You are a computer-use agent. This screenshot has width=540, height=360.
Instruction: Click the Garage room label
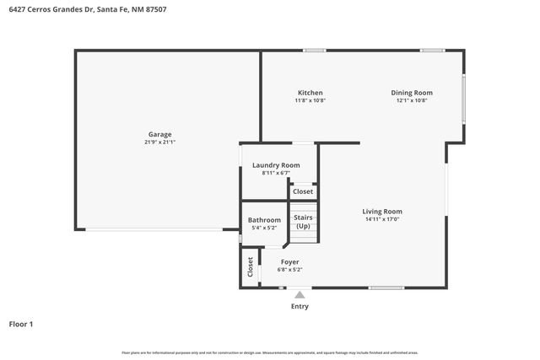(x=160, y=134)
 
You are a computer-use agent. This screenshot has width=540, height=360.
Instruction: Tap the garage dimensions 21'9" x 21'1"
(x=160, y=142)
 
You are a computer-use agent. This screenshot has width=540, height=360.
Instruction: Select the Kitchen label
(x=310, y=93)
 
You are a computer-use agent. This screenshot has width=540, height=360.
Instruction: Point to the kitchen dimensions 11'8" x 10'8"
(x=310, y=100)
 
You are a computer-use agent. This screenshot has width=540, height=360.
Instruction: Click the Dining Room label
(x=412, y=93)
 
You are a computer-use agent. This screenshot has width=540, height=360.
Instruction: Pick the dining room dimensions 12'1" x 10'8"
(x=412, y=100)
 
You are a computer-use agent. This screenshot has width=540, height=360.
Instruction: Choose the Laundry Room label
(x=276, y=165)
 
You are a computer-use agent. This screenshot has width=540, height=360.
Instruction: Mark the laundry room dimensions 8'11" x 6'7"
(x=276, y=173)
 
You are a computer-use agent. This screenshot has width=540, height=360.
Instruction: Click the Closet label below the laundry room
(x=303, y=191)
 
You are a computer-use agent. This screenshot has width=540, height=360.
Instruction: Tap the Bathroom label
(x=264, y=220)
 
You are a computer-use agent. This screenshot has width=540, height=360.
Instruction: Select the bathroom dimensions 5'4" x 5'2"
(x=264, y=228)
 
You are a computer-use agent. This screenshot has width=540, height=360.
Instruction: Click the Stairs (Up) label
(x=303, y=222)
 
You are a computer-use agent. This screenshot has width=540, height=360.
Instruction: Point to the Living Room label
(x=382, y=212)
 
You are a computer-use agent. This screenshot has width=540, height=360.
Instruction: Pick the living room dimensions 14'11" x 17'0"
(x=382, y=219)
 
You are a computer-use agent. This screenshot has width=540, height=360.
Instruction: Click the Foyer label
(x=289, y=262)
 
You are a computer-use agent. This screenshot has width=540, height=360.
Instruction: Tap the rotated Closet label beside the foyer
(x=251, y=267)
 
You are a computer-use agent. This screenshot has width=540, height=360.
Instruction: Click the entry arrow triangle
(x=300, y=294)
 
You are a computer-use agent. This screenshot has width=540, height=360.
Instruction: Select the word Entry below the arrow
(x=300, y=306)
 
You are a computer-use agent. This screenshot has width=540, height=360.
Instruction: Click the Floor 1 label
(x=21, y=324)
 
